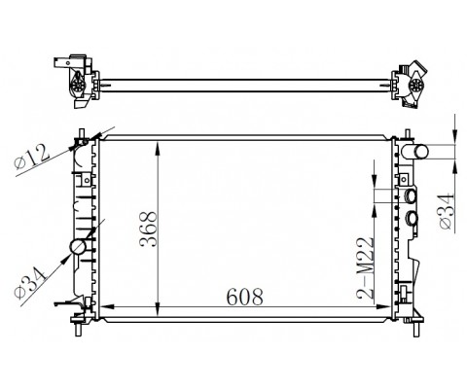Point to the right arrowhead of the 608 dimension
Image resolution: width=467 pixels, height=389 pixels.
coord(388,310)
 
